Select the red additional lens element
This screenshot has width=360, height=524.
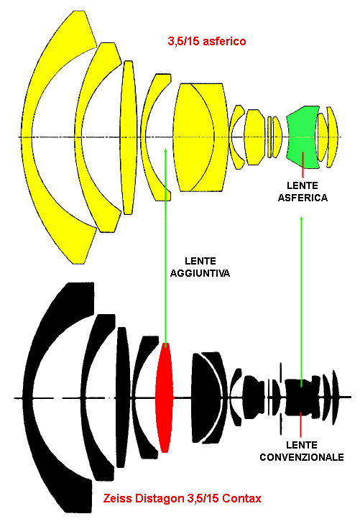tap(165, 397)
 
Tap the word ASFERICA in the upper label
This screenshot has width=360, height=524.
tap(303, 198)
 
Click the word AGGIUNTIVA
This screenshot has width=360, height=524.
tap(200, 273)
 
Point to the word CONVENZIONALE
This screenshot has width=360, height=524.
tap(302, 457)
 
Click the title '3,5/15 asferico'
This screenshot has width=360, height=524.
tap(207, 41)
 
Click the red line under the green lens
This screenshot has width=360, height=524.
tap(303, 165)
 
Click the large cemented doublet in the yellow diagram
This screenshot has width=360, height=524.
tap(200, 137)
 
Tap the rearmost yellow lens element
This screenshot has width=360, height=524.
tap(331, 137)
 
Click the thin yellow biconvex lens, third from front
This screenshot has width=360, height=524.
tap(129, 137)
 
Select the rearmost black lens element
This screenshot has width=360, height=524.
tap(336, 397)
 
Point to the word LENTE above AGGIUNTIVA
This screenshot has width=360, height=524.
tap(200, 261)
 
